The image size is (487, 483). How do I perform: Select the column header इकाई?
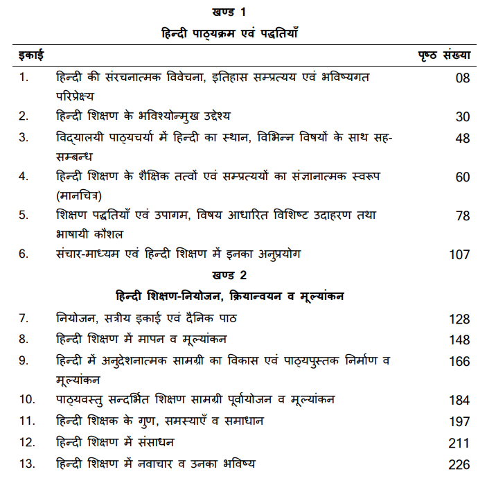click(x=29, y=55)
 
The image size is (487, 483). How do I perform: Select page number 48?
click(x=462, y=139)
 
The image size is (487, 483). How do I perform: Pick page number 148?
click(x=459, y=340)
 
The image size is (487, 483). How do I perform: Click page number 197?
click(x=459, y=423)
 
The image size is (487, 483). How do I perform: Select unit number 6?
click(x=24, y=254)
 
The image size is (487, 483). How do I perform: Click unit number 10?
click(x=26, y=400)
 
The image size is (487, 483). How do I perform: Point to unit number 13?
click(x=26, y=463)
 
